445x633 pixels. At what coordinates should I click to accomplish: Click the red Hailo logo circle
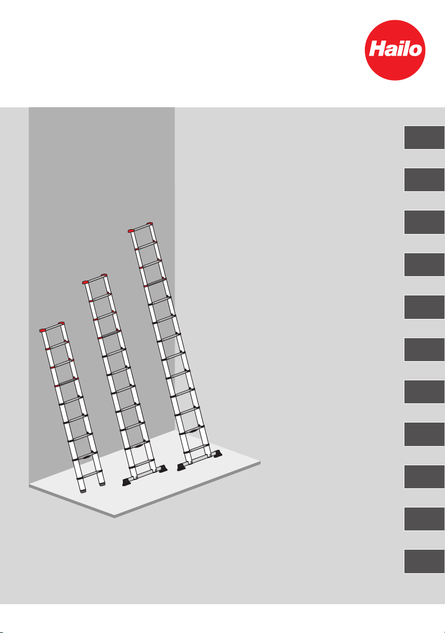click(395, 50)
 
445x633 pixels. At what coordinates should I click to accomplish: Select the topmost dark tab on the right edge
click(424, 138)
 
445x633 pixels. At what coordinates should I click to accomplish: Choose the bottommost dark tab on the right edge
click(424, 561)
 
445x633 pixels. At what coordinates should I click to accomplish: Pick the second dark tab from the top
click(424, 180)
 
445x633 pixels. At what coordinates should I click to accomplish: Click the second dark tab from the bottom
click(424, 519)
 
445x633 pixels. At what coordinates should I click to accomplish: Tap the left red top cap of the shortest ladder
click(43, 330)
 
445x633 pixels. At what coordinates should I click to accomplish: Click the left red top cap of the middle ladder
click(85, 282)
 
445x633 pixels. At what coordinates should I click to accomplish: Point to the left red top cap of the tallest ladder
click(131, 231)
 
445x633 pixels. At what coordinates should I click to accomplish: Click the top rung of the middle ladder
click(95, 278)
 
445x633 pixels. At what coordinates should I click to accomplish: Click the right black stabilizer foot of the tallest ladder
click(218, 455)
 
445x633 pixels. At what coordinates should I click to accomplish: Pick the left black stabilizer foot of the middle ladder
click(128, 482)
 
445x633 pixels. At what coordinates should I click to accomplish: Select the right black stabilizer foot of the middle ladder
click(163, 468)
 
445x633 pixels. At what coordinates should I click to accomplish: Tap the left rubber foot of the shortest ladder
click(82, 490)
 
